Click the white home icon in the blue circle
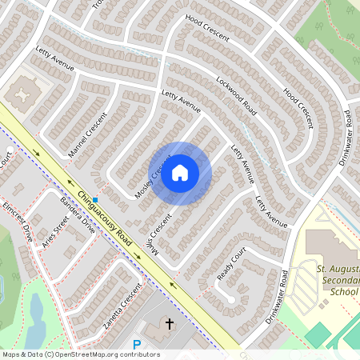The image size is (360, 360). coord(180,173)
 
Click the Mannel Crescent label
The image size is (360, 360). coord(87,138)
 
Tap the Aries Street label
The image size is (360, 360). coord(56,231)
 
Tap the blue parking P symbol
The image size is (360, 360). coord(136,345)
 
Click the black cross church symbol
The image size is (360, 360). coord(169,324)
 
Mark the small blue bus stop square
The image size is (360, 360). coord(95,199)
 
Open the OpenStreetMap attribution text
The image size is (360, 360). coord(80,354)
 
